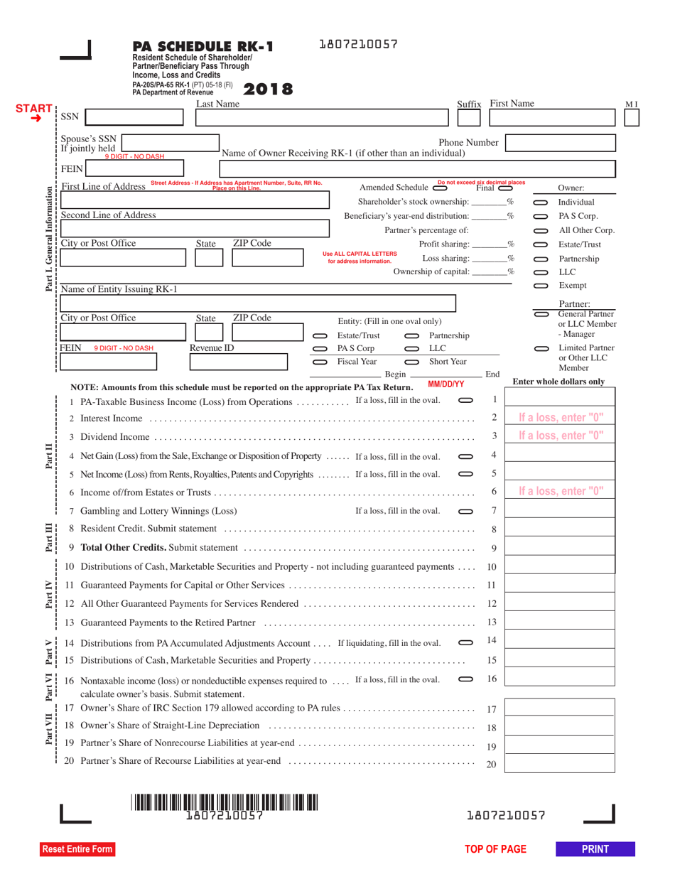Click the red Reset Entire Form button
[76, 849]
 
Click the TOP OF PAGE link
[495, 849]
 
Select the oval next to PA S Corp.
[320, 349]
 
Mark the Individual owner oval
[540, 203]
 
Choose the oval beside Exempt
[540, 286]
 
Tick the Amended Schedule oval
[440, 188]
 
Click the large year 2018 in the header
[268, 90]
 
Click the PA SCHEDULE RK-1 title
[202, 48]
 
